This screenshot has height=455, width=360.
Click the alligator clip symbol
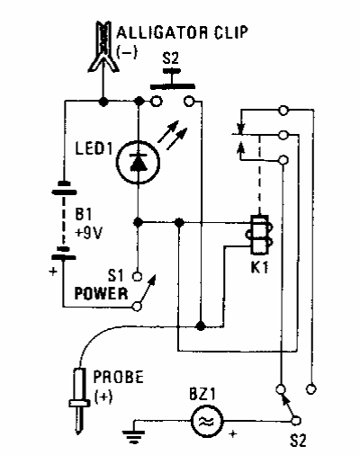pos(103,47)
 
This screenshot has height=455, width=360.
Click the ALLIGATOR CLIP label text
pos(182,32)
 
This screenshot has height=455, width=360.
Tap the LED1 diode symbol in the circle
pos(138,163)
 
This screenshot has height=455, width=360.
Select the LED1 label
pos(94,148)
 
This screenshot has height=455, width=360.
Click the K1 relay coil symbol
pos(259,235)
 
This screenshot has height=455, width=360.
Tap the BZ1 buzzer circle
pos(207,421)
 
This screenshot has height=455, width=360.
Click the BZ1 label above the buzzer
pos(202,395)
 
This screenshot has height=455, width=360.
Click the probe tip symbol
pos(79,402)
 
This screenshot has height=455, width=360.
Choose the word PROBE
pos(119,378)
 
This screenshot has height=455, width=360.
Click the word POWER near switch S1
pos(101,294)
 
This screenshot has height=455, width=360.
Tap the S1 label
pos(115,275)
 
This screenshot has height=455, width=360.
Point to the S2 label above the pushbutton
pos(171,58)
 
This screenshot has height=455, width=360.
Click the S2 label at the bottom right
pos(298,441)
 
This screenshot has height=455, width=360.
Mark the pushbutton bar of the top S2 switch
pos(173,87)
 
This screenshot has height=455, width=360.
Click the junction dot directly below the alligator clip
pos(103,102)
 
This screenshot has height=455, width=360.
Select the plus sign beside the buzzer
pos(233,433)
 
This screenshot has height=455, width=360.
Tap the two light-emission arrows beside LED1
pos(173,135)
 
